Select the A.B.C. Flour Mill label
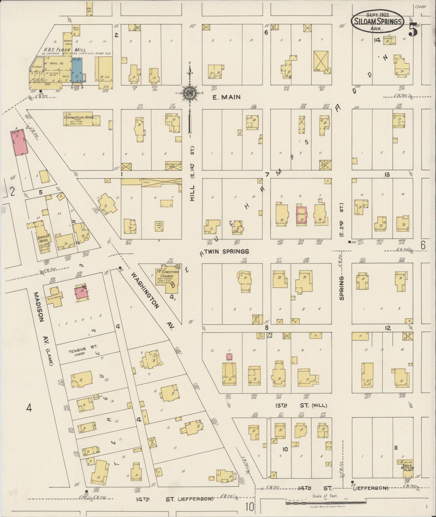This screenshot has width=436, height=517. point(65,50)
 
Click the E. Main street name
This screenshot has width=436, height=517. point(226,97)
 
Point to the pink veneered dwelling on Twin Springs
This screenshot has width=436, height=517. point(301,215)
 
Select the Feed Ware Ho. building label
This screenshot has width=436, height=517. point(159,226)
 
